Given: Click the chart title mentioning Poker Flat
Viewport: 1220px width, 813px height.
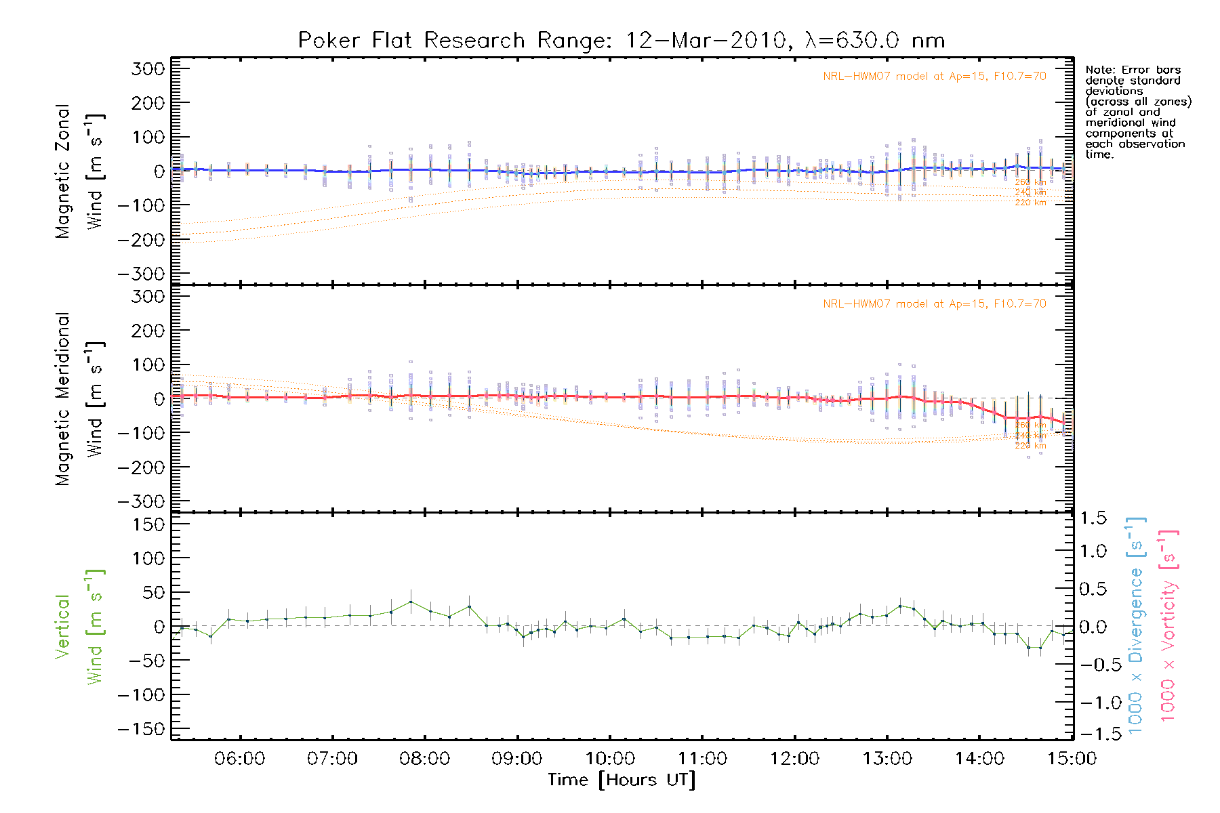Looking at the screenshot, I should [622, 41].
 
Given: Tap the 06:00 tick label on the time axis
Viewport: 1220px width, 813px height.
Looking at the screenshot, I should [239, 758].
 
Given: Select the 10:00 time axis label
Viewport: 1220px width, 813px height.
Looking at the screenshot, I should [610, 758].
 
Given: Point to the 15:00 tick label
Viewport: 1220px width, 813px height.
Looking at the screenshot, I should [1072, 758].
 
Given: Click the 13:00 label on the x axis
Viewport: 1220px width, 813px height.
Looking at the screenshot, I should [887, 758].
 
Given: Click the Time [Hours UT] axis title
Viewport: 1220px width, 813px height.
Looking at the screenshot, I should [622, 780].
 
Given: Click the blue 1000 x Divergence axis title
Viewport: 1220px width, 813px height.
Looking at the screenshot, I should [1136, 625].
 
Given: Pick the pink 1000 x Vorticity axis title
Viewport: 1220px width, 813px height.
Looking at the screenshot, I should [1168, 625].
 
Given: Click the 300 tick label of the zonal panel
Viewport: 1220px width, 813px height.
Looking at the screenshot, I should [148, 69].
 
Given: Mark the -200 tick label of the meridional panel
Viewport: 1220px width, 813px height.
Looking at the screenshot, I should [141, 467].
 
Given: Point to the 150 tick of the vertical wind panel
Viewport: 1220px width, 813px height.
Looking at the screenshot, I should [148, 524].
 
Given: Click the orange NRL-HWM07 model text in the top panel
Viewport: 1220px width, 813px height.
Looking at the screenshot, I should [934, 77].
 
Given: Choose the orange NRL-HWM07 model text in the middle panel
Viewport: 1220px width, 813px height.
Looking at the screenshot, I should [934, 304].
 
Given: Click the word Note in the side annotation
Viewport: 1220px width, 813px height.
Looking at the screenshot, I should [1099, 70].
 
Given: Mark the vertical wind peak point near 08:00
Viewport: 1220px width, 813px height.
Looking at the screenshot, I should [410, 602].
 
